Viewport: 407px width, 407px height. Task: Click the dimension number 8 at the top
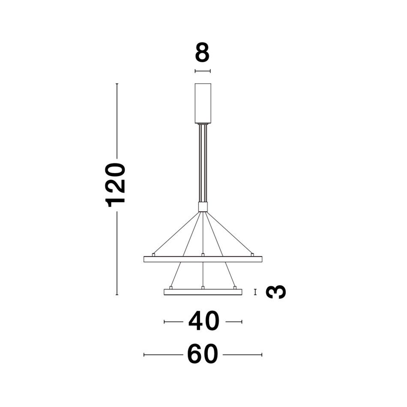pos(202,53)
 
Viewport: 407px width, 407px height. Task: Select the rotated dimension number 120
pos(115,185)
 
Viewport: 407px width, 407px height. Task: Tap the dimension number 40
pos(204,321)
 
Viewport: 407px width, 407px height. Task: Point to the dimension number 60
pos(203,354)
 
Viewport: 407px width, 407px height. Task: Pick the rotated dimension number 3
pos(276,292)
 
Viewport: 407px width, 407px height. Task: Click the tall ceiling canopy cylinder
pos(203,103)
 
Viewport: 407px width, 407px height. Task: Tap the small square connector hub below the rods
pos(203,207)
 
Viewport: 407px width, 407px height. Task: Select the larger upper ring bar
pos(203,259)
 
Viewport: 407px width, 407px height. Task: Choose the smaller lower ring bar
pos(203,292)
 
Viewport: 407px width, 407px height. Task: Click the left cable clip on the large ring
pos(153,255)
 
